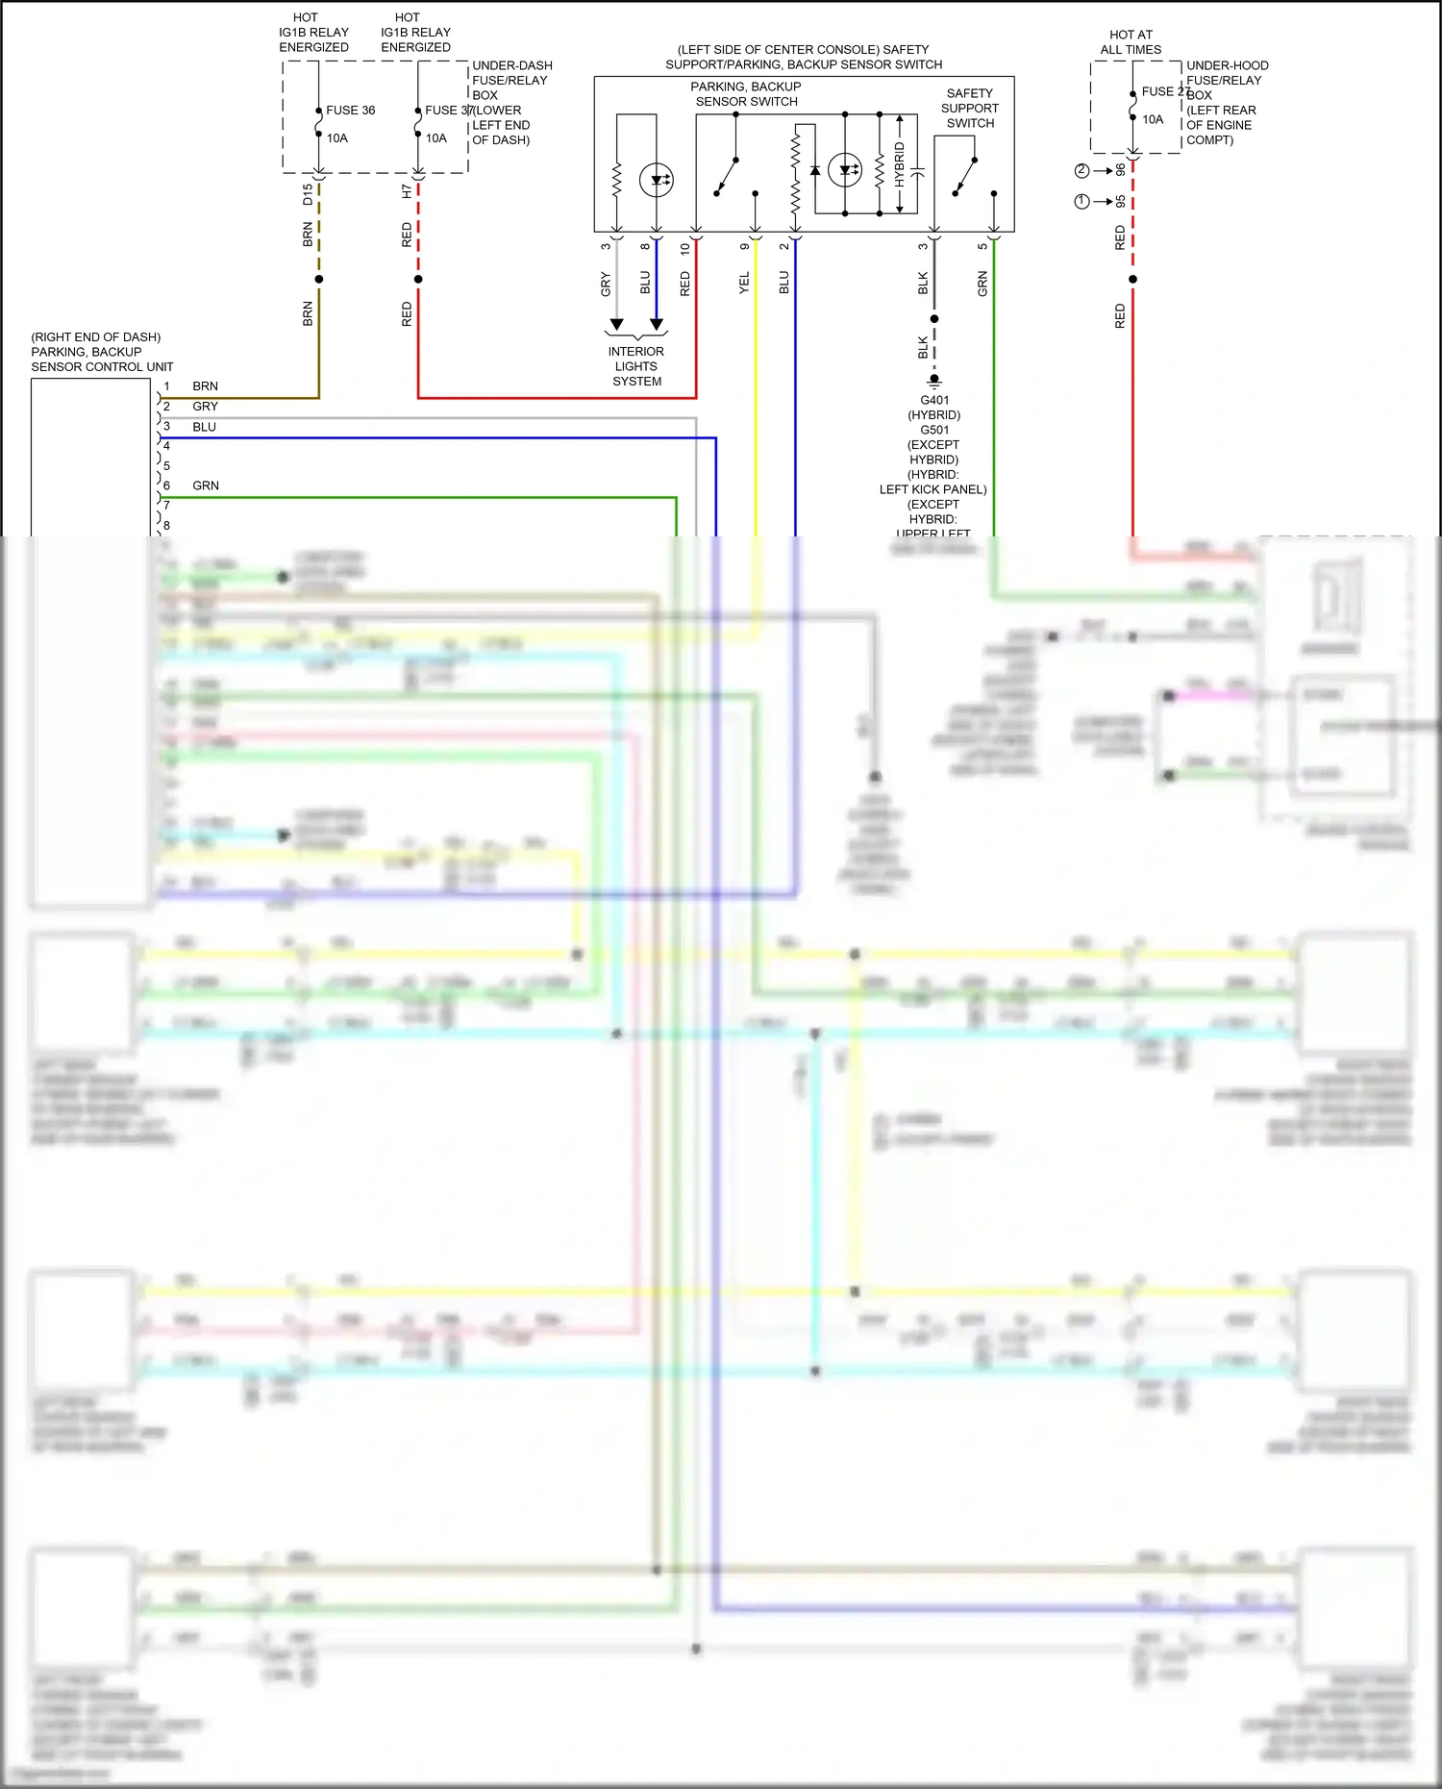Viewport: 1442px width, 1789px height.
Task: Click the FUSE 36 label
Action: point(350,111)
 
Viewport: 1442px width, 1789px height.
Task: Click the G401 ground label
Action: point(934,400)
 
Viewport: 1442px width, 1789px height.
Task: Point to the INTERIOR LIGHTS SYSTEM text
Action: point(636,366)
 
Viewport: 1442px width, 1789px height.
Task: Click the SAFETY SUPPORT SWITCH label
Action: point(969,109)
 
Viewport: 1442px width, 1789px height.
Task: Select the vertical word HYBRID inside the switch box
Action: point(900,164)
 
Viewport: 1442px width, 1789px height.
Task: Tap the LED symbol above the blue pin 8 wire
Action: point(657,180)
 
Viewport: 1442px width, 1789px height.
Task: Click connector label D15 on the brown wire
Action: point(308,194)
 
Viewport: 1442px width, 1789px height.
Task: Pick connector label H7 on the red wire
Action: point(407,192)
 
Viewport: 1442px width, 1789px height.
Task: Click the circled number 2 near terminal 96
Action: point(1081,171)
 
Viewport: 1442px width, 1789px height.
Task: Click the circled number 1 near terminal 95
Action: point(1081,202)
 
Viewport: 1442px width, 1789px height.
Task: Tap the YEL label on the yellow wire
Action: point(744,283)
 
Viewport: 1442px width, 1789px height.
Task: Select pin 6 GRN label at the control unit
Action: point(205,485)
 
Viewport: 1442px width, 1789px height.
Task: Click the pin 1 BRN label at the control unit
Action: point(205,386)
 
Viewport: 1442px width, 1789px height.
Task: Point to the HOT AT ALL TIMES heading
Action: point(1131,42)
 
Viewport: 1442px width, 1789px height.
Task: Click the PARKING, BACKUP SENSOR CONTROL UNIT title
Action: point(101,352)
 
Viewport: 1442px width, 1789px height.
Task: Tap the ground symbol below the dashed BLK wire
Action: point(934,381)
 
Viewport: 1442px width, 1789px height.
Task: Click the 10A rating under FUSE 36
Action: point(336,138)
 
